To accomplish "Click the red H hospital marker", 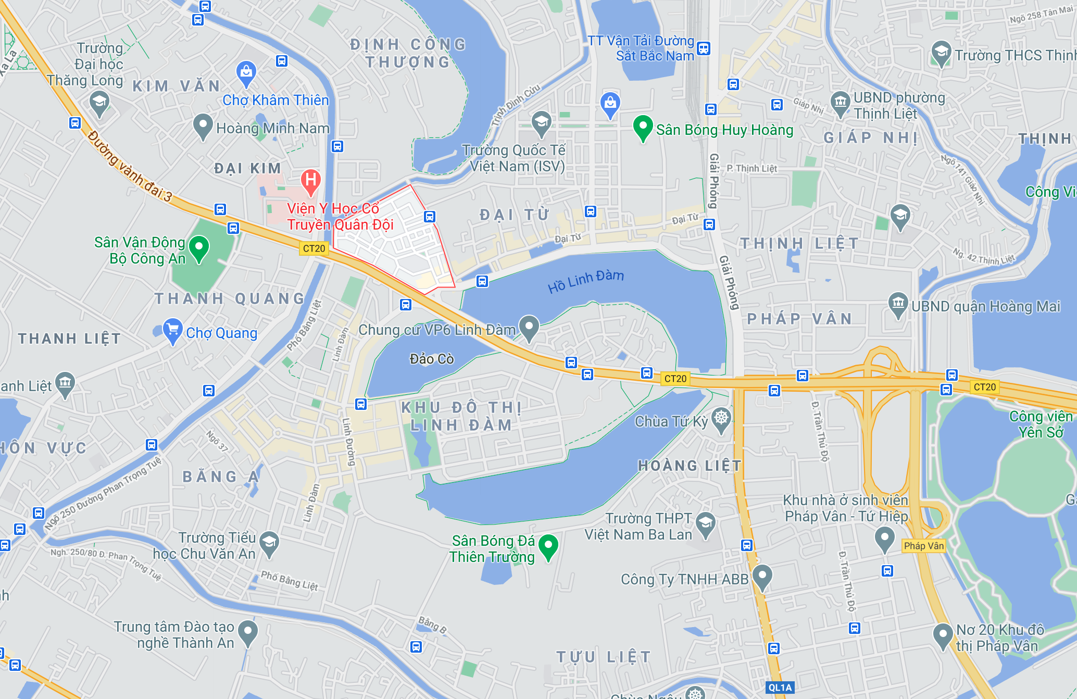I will [x=311, y=181].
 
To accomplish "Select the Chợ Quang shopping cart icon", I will [x=172, y=330].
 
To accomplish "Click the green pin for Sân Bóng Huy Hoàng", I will [x=643, y=127].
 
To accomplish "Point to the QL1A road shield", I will [x=780, y=688].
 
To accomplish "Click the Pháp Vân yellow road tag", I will [x=923, y=546].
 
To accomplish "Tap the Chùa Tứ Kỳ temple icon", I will [x=721, y=418].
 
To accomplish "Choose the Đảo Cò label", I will [x=432, y=359].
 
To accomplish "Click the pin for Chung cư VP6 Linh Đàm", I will [x=529, y=327].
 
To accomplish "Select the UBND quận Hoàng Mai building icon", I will [x=898, y=304].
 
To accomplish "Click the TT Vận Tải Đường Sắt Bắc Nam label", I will [x=641, y=48].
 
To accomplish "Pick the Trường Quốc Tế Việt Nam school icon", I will [x=542, y=123].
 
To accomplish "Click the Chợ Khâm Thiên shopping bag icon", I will [x=246, y=72].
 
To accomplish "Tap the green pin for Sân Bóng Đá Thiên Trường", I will [x=548, y=546].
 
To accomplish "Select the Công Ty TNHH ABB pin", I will [x=762, y=576].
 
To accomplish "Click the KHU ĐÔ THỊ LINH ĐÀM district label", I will [x=461, y=416].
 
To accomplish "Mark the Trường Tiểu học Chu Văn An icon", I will [x=269, y=543].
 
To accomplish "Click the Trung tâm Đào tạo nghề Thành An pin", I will [x=248, y=632].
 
